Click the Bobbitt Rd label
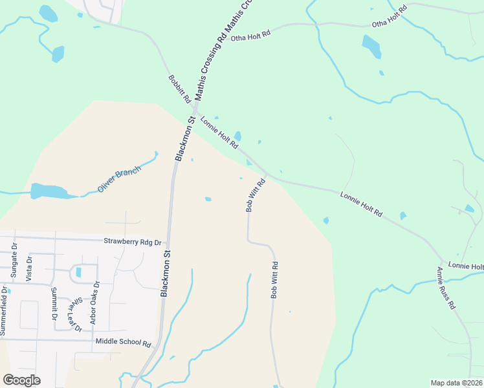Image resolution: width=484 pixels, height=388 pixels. (x=179, y=89)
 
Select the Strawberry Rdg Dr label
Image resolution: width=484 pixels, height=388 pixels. (x=132, y=241)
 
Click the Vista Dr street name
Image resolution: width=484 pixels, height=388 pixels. (x=28, y=267)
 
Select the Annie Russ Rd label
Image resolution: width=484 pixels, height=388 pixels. (x=446, y=287)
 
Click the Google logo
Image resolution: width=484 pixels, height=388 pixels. (x=21, y=380)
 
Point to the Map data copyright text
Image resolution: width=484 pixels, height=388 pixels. (x=456, y=383)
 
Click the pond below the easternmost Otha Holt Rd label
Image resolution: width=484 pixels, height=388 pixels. (x=371, y=47)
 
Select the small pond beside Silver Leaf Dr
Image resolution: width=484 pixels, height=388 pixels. (x=79, y=272)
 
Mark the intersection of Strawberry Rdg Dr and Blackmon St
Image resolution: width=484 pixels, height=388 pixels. (x=170, y=241)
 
